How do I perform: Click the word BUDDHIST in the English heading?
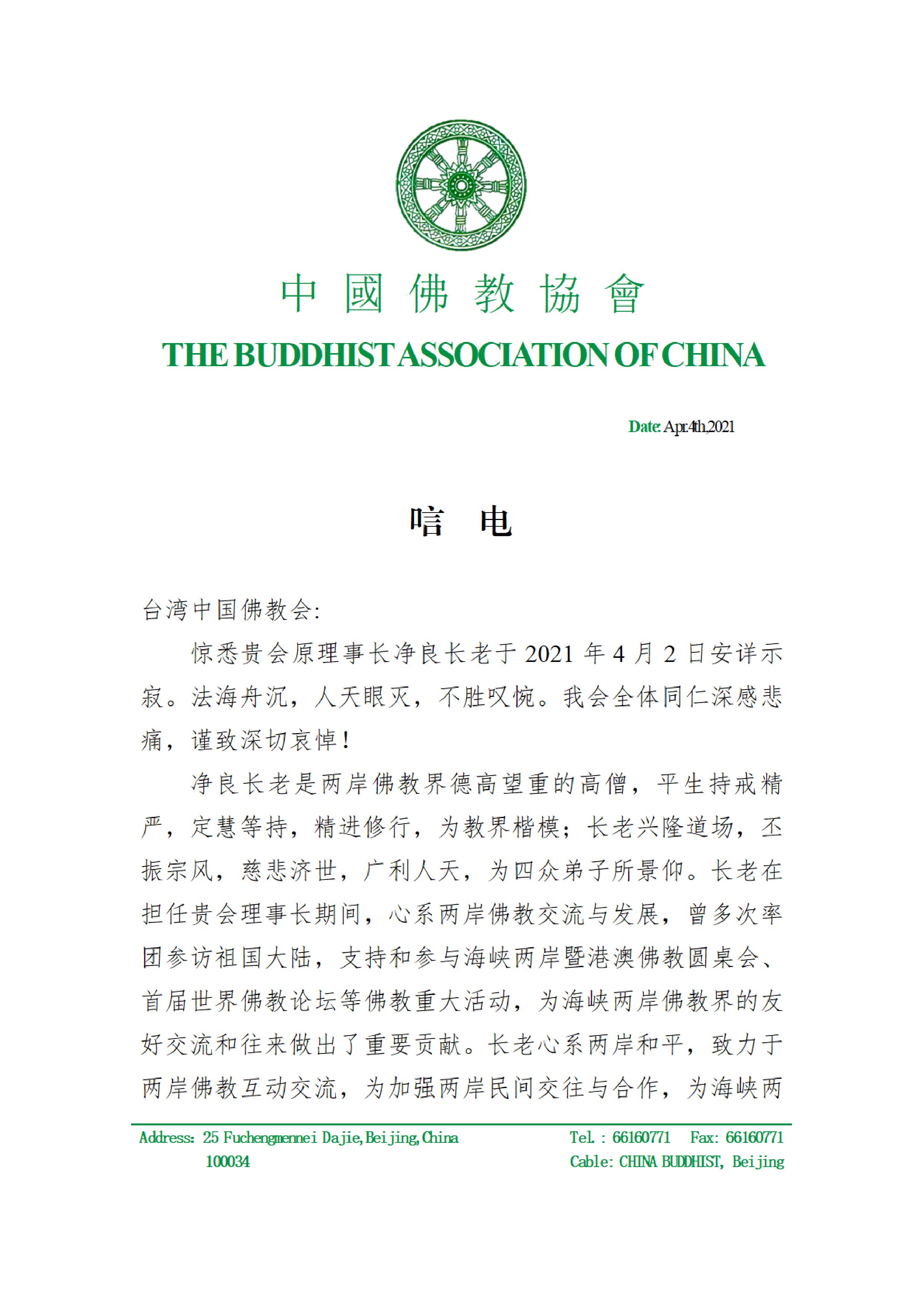pos(315,355)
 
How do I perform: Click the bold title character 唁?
pos(427,521)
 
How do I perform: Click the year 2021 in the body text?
pos(549,654)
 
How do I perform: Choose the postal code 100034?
pos(227,1161)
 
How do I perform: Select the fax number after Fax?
pos(755,1138)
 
